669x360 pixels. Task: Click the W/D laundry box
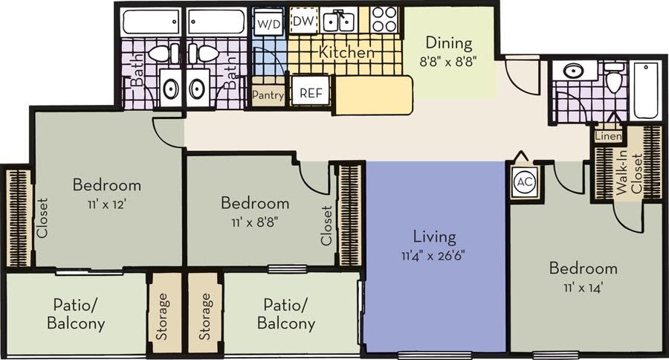[x=268, y=23]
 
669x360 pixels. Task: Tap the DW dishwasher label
[x=301, y=22]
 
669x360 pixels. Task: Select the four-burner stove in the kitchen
[x=384, y=20]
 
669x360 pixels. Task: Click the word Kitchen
[x=346, y=53]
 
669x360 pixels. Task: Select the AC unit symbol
[x=524, y=182]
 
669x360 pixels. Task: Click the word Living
[x=434, y=237]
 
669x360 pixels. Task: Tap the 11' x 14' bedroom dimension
[x=583, y=286]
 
